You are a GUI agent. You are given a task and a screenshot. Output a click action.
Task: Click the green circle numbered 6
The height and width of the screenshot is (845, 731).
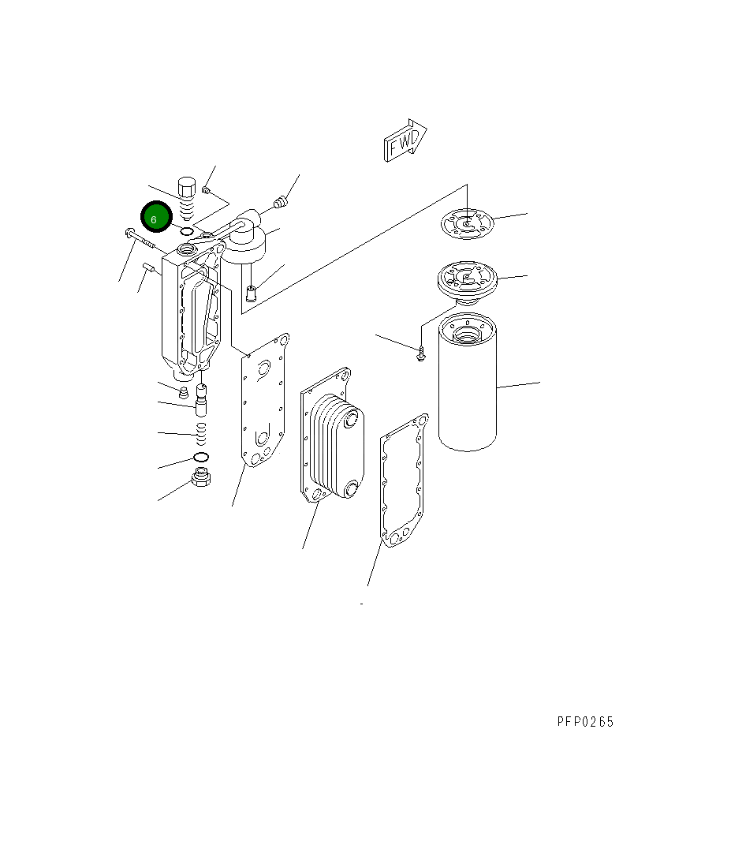pos(155,217)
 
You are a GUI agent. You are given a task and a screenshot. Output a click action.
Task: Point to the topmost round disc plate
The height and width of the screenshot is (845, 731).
pos(467,222)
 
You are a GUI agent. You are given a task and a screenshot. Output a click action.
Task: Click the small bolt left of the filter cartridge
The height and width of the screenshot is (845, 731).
pos(421,354)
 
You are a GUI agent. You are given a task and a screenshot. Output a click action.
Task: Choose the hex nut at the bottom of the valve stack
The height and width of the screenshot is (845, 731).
pos(202,478)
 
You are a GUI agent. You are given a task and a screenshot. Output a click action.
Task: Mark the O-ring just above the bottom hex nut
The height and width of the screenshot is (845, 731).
pos(200,458)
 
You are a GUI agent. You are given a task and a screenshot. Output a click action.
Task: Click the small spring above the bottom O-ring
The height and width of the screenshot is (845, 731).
pos(201,431)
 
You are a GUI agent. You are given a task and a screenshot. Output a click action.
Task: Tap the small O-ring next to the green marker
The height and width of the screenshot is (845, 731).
pos(186,230)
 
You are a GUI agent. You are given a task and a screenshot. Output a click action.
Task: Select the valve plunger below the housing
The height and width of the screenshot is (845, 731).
pos(201,401)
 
